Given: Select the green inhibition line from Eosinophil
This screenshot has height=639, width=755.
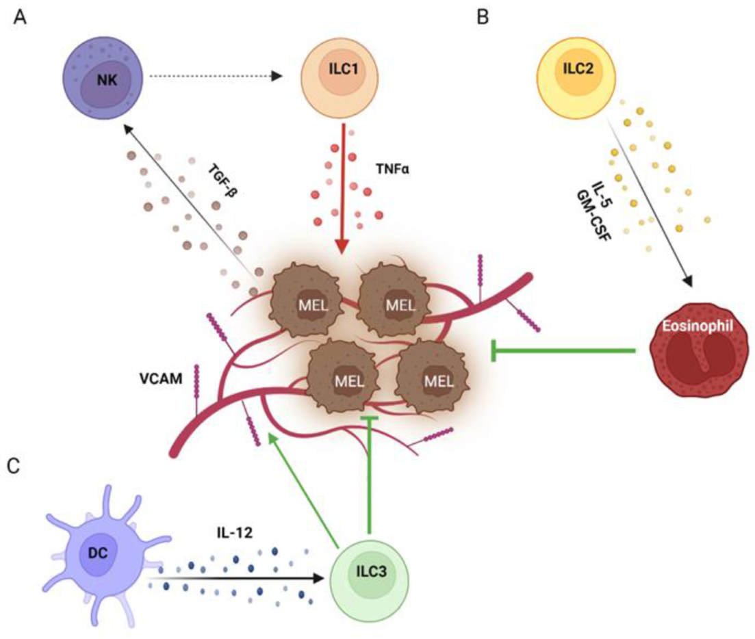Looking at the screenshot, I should (565, 351).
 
